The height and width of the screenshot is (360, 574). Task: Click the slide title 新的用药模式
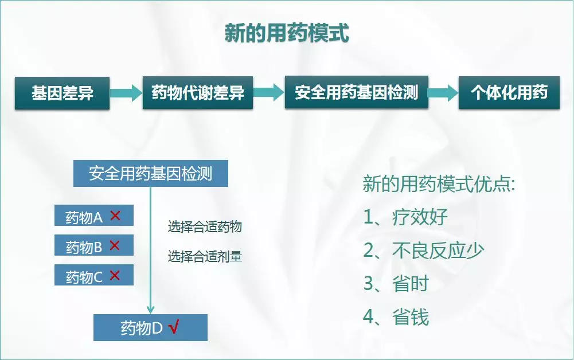[286, 33]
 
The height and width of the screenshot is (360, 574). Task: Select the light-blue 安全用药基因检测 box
[150, 174]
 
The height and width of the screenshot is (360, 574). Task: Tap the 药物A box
[93, 216]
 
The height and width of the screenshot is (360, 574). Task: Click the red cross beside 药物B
[114, 246]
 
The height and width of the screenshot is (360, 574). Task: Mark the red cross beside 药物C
[114, 276]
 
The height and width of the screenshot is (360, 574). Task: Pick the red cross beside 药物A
[115, 216]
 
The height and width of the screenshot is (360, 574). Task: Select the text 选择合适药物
[205, 227]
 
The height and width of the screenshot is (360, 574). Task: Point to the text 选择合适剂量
[205, 256]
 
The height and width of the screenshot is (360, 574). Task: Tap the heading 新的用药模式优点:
[439, 185]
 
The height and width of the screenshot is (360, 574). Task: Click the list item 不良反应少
[439, 251]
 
